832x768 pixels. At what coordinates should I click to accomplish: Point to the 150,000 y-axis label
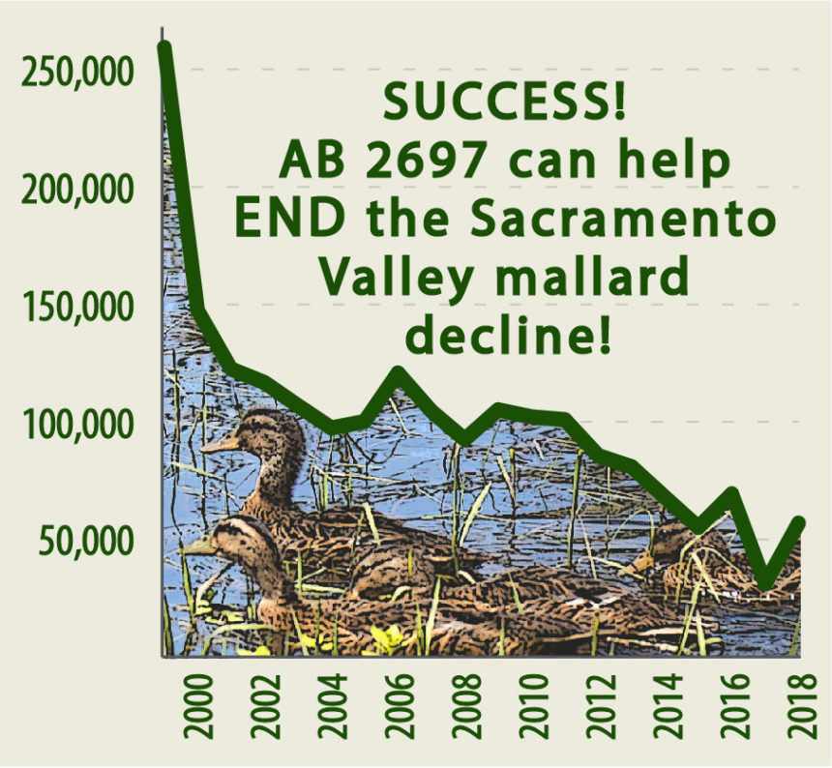coord(77,307)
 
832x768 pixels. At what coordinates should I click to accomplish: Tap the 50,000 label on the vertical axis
coord(85,541)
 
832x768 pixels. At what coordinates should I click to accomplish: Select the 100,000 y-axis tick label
coord(77,424)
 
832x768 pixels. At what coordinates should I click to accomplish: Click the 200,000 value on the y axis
coord(77,190)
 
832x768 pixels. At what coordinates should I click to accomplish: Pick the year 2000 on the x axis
coord(198,706)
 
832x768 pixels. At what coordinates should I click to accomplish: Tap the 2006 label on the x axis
coord(399,706)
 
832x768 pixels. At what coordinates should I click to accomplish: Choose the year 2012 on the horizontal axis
coord(601,706)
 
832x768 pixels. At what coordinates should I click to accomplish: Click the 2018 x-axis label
coord(802,706)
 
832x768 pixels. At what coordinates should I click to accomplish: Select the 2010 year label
coord(533,706)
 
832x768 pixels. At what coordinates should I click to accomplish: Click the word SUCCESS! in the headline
coord(505,102)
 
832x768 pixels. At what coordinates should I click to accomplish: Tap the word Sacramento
coord(623,219)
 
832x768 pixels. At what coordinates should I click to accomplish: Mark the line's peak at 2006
coord(399,372)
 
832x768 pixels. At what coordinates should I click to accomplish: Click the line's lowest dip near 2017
coord(764,584)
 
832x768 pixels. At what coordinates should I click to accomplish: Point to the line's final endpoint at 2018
coord(799,522)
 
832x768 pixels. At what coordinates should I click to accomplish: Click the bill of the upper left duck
coord(220,443)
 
